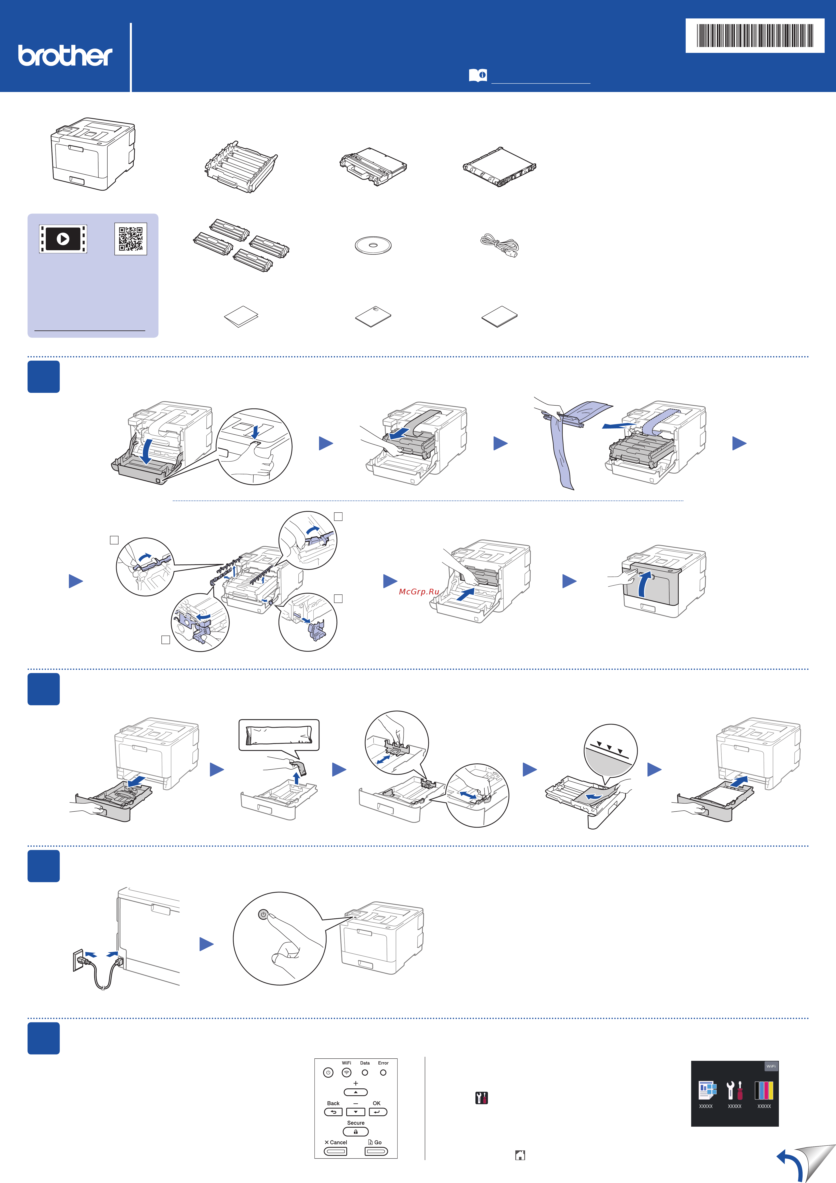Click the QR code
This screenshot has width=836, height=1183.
coord(131,238)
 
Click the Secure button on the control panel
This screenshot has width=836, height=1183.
coord(356,1132)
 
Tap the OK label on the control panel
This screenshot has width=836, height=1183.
coord(377,1103)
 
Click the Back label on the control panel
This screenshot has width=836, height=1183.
coord(333,1103)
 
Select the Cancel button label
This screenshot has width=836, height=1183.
coord(336,1142)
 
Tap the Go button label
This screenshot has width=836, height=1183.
coord(376,1142)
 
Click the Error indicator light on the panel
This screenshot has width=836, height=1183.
coord(383,1073)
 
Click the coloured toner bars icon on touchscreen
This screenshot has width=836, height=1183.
coord(764,1091)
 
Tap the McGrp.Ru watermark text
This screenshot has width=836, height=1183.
coord(419,592)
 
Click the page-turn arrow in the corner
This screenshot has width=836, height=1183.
coord(791,1164)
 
